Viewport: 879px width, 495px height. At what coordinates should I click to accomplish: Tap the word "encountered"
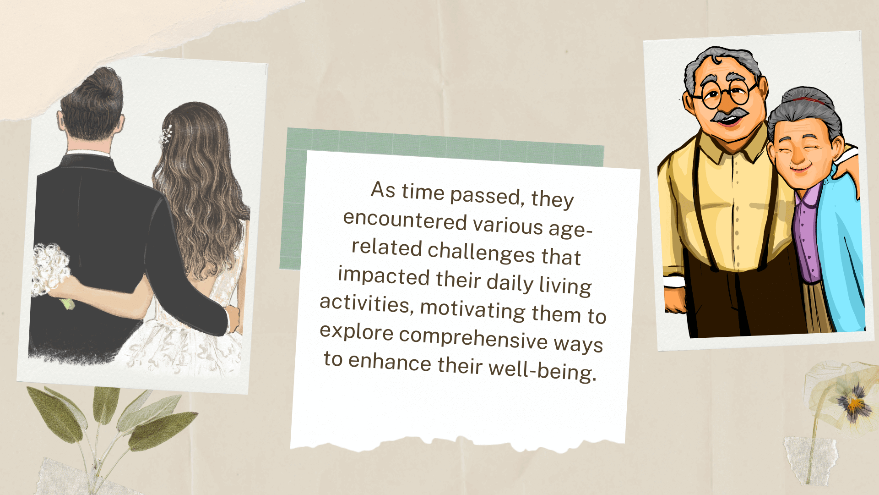coord(405,220)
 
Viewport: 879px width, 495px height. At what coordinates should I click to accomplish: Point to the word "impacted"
coord(384,276)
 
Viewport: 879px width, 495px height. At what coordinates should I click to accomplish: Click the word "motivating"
coord(473,309)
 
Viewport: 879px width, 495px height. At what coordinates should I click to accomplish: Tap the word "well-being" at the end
coord(542,370)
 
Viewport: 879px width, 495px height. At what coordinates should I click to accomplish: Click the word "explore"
coord(356,331)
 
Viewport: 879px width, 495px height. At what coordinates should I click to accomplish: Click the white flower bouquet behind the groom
coord(50,271)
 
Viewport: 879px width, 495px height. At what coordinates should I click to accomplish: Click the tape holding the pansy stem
coord(811,459)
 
